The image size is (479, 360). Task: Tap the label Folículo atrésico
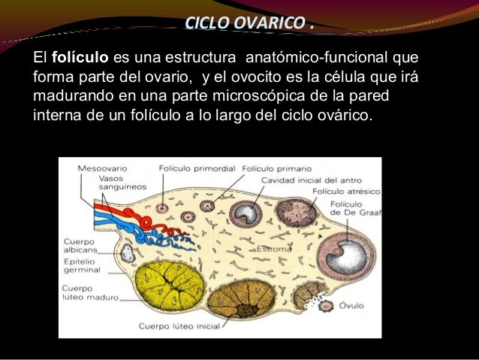[x=344, y=192]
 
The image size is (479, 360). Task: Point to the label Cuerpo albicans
[x=78, y=246]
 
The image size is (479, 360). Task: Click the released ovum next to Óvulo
[x=326, y=306]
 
